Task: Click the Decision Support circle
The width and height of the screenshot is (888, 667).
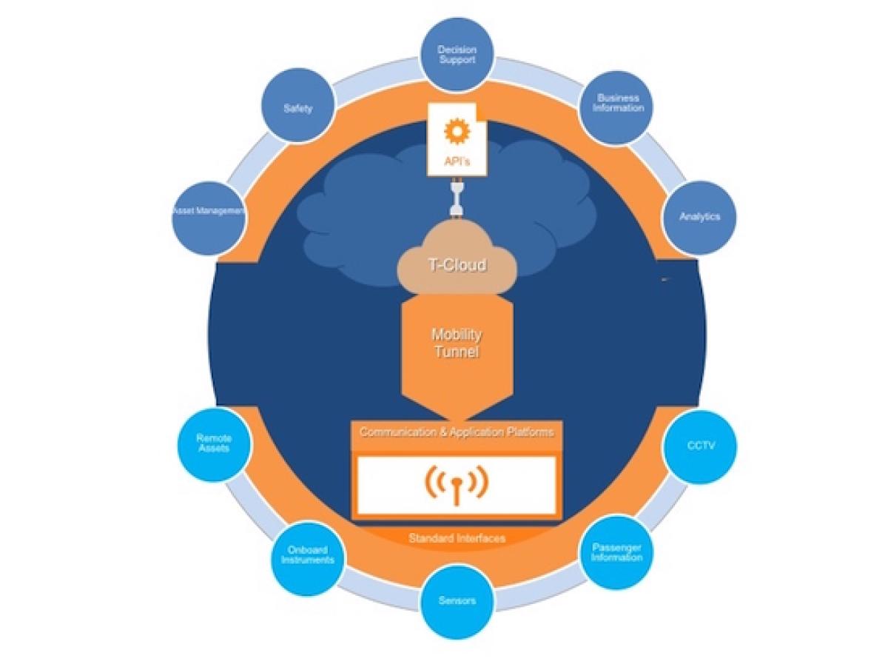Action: pyautogui.click(x=457, y=55)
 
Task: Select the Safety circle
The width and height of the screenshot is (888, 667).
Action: pyautogui.click(x=297, y=108)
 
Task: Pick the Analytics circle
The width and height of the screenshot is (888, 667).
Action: pyautogui.click(x=699, y=217)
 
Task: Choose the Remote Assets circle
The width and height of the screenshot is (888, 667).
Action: pyautogui.click(x=214, y=444)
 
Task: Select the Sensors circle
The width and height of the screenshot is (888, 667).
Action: pyautogui.click(x=457, y=602)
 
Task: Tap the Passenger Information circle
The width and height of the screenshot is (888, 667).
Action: pyautogui.click(x=616, y=553)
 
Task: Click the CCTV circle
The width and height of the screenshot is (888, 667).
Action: pyautogui.click(x=700, y=446)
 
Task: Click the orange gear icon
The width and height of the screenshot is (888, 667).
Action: pyautogui.click(x=457, y=131)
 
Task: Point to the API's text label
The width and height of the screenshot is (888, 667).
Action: pyautogui.click(x=457, y=161)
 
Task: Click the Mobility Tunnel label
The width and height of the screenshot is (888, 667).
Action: pyautogui.click(x=456, y=343)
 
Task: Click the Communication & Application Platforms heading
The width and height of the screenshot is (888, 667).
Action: pyautogui.click(x=456, y=432)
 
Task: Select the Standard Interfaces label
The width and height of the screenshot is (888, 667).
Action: pyautogui.click(x=457, y=538)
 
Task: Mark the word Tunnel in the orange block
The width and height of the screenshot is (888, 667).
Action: pyautogui.click(x=456, y=352)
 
